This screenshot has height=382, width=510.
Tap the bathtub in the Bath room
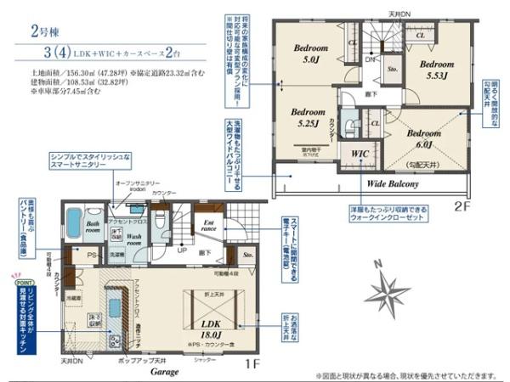(x=72, y=224)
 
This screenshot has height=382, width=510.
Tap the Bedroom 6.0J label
(x=422, y=138)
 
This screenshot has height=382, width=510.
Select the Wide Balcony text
(x=395, y=183)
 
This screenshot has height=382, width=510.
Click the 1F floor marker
(x=252, y=363)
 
